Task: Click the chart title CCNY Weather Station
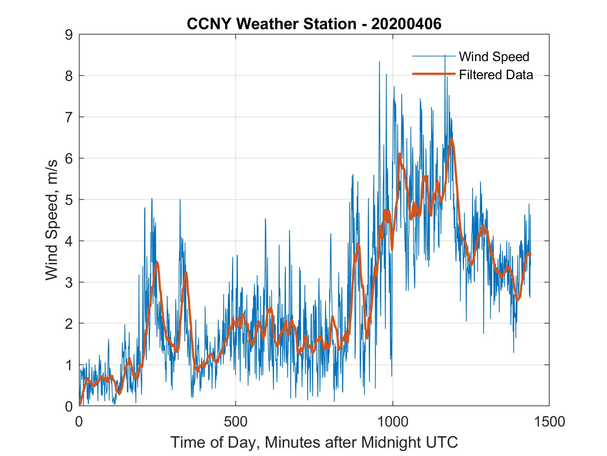314,24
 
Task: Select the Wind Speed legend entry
494,57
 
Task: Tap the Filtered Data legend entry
496,75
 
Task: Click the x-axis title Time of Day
314,442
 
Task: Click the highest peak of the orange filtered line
452,140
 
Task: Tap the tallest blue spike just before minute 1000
379,62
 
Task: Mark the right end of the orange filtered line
530,254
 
